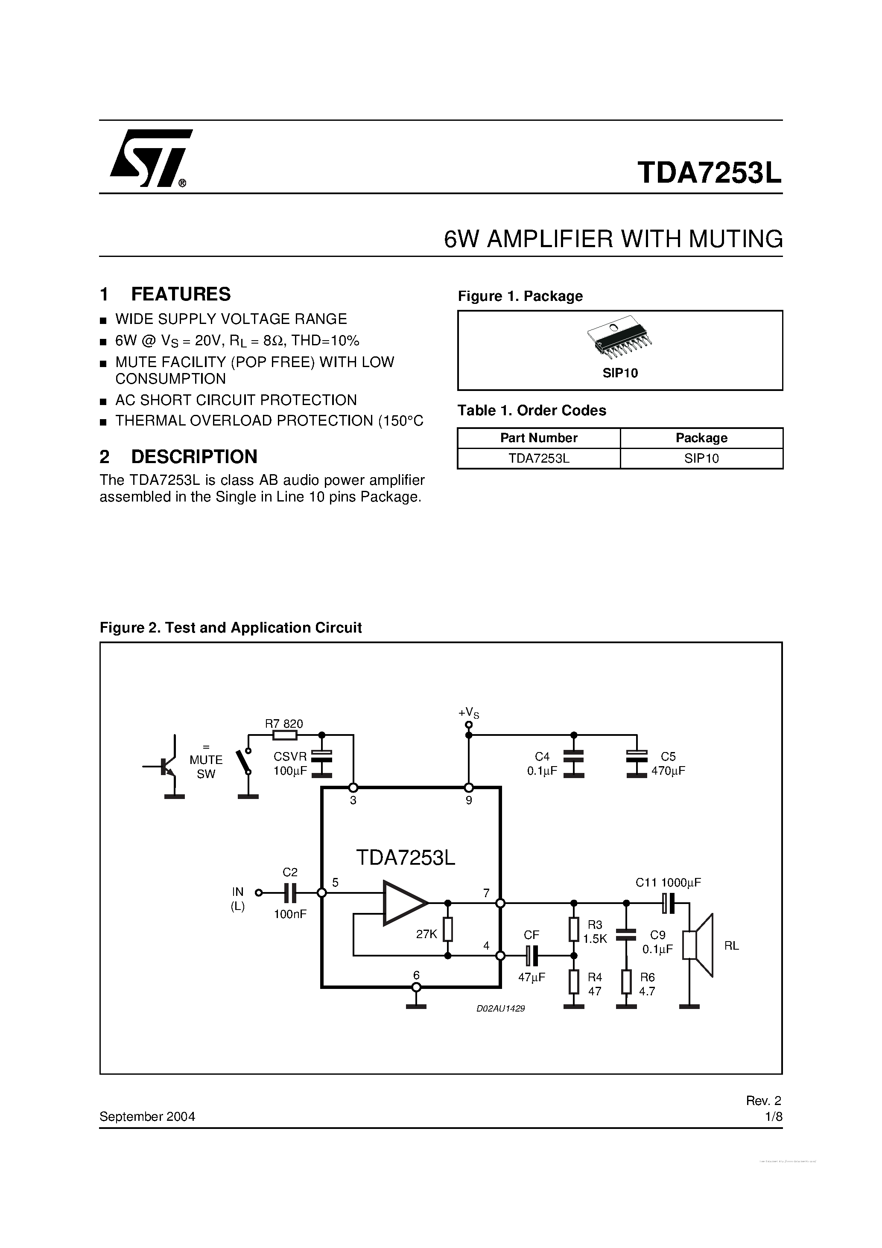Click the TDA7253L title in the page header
tap(709, 173)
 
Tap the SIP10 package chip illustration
tap(619, 338)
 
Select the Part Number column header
tap(538, 438)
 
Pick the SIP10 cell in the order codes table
tap(701, 459)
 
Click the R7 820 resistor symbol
tap(284, 735)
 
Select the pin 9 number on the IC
tap(469, 800)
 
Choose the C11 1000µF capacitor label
tap(668, 883)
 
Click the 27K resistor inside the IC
tap(447, 930)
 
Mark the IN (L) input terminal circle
tap(259, 892)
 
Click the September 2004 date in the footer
tap(147, 1117)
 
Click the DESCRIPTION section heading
tap(193, 457)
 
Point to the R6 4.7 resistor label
tap(647, 984)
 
